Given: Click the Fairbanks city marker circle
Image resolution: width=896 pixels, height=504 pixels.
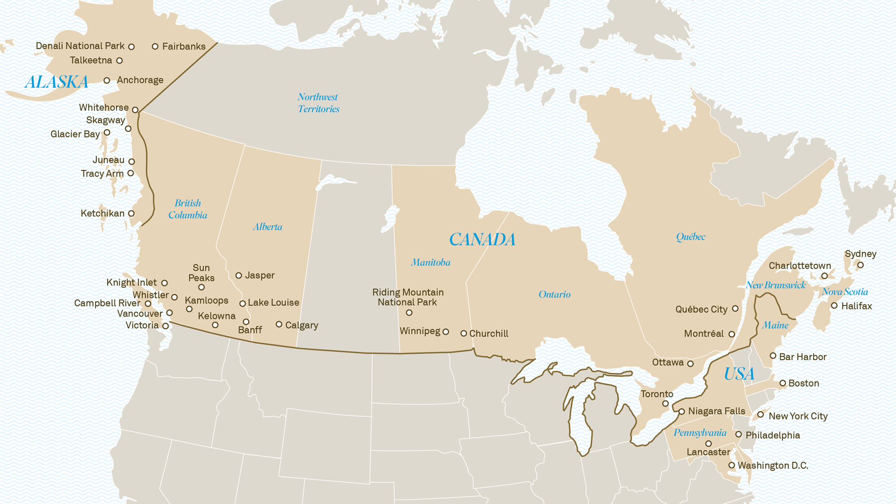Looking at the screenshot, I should (155, 47).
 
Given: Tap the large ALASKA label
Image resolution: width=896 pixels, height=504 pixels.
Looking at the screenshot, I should (56, 82).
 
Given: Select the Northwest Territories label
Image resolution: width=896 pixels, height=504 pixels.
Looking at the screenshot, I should (319, 103).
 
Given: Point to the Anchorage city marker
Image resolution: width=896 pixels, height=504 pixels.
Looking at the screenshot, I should (107, 81).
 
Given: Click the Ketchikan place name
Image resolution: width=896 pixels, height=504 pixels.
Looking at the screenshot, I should (103, 214).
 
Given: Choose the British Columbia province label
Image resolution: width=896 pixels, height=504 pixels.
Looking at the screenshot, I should (188, 209).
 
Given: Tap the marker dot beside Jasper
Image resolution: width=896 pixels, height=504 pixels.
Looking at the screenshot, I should (239, 276).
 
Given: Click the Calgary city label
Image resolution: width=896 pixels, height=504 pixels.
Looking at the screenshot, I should (302, 325).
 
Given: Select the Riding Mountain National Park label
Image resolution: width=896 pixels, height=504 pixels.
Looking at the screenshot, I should (408, 297).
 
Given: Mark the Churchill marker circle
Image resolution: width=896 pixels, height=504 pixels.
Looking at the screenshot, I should (464, 333).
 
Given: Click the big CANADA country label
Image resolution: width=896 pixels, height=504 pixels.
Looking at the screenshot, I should (482, 240).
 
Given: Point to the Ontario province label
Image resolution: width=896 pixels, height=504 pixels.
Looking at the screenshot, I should (555, 294).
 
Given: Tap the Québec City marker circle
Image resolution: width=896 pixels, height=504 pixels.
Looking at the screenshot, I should (735, 309).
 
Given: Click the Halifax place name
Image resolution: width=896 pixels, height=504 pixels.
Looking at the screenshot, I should (856, 306).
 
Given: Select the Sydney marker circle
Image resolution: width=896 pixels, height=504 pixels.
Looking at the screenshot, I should (860, 265).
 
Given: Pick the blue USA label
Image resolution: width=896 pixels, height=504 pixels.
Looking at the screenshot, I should (739, 374).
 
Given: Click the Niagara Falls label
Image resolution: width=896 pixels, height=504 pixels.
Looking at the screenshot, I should (716, 411).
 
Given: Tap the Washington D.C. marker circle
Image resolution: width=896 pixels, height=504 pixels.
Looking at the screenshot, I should (732, 465).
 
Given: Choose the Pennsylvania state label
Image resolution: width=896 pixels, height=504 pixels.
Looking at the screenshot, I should (700, 433).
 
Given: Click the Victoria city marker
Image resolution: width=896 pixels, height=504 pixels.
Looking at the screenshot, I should (165, 326).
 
